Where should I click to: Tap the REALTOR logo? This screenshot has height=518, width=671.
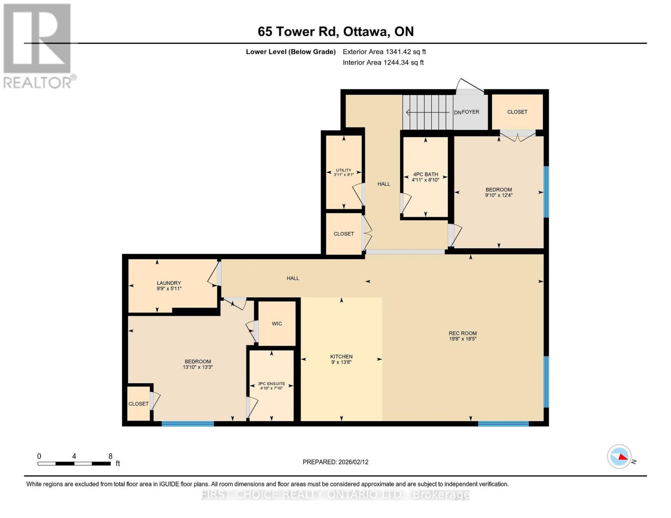(38, 46)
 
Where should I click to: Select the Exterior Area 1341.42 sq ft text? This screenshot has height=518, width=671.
(384, 52)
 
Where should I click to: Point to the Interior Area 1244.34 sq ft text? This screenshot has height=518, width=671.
(383, 63)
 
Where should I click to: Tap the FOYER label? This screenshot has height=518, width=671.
(470, 112)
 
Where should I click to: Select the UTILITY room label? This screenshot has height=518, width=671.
(343, 170)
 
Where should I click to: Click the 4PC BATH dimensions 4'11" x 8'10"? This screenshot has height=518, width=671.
(425, 180)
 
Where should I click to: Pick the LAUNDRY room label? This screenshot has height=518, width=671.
(169, 283)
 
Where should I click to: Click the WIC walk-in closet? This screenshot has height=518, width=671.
(277, 324)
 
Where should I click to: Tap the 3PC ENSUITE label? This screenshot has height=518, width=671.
(271, 383)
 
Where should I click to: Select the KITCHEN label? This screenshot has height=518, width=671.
(341, 357)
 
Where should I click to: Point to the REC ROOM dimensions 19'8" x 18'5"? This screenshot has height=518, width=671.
(462, 339)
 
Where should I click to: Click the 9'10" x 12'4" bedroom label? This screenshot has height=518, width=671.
(499, 193)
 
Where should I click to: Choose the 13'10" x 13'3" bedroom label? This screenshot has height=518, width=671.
(197, 364)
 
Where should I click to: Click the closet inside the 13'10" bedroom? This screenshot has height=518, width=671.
(138, 404)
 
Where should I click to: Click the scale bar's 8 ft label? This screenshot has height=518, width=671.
(110, 456)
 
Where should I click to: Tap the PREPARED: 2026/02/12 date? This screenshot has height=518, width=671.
(335, 462)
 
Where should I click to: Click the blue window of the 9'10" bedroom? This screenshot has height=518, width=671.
(546, 192)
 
